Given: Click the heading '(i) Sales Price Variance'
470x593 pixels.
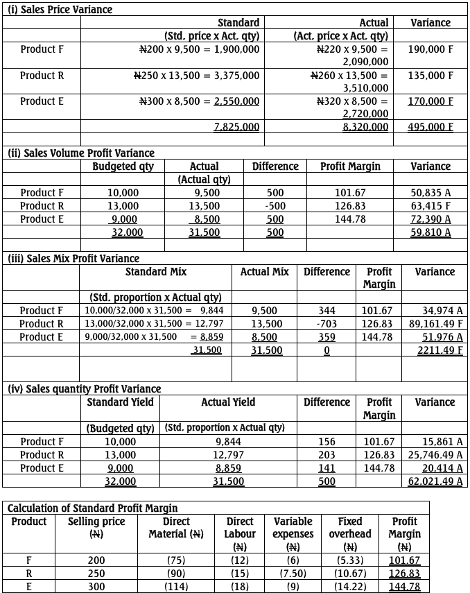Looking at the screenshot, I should coord(60,10).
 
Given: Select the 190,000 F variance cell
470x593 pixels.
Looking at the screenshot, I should coord(430,49).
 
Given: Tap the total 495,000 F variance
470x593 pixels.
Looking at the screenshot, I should coord(430,127).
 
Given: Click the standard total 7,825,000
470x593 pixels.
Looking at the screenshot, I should coord(236,127).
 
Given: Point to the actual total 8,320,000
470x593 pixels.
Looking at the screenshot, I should coord(365,127).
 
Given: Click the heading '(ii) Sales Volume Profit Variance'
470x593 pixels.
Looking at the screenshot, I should coord(80,153).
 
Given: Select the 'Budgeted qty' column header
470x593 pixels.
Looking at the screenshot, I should coord(123,166).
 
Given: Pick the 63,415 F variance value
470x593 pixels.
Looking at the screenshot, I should coord(430,206).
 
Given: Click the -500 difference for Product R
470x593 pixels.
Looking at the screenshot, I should coord(275,206).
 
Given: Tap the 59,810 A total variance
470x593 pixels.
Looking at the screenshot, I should coord(430,232).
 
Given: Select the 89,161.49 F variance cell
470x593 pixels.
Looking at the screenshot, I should coord(427,324).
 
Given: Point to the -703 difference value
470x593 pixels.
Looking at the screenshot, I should coord(326,324).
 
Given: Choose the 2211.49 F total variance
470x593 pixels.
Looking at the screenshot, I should coord(435,350).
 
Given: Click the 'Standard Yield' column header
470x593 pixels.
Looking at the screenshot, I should coord(121,402).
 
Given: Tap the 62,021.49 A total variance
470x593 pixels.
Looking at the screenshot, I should coord(435,481).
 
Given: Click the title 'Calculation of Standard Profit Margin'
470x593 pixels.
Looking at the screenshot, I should coord(92,508).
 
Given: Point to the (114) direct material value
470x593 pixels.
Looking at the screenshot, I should coord(175,587).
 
